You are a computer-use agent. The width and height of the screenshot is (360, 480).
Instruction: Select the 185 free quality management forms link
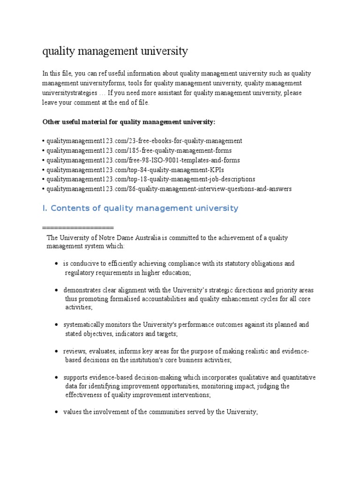[x=139, y=150]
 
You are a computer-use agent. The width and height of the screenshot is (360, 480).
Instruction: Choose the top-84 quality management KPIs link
[x=132, y=170]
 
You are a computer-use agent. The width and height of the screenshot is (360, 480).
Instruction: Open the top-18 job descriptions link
[x=150, y=179]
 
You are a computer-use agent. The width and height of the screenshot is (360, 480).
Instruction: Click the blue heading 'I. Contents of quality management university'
[x=140, y=208]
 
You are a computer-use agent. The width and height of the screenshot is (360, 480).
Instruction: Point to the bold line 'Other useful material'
[x=129, y=122]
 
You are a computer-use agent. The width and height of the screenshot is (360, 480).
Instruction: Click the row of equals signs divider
[x=78, y=227]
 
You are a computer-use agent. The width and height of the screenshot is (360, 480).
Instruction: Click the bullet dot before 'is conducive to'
[x=57, y=264]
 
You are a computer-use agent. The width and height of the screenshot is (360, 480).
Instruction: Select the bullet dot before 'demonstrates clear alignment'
[x=57, y=290]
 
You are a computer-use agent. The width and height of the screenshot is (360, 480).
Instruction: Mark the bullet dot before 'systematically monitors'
[x=57, y=325]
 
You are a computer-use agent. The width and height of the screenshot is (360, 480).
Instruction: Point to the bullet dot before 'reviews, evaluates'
[x=57, y=351]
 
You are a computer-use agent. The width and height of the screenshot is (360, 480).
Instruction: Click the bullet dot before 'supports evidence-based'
[x=57, y=377]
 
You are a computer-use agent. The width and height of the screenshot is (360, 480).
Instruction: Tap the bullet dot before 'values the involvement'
[x=57, y=412]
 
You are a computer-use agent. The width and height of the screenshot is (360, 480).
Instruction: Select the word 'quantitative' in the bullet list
[x=299, y=377]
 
